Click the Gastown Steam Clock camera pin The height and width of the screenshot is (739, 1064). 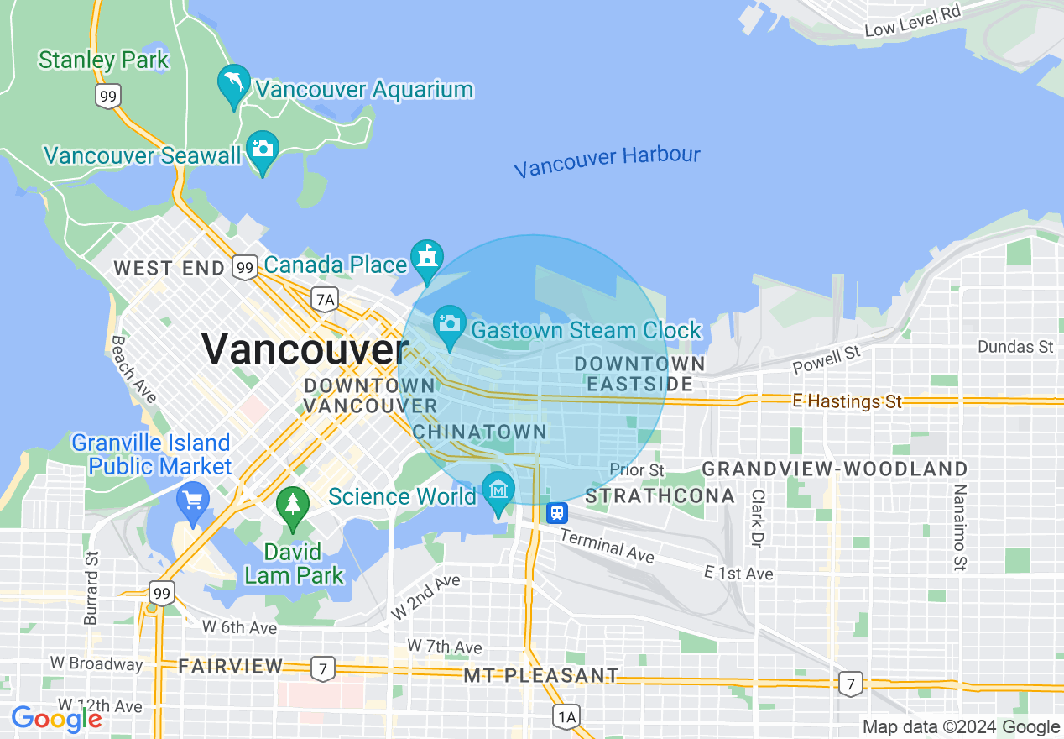point(450,324)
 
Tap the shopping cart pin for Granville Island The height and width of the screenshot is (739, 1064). point(193,502)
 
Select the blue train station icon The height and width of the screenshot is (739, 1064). point(557,512)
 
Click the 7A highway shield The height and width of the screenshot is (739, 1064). point(324,298)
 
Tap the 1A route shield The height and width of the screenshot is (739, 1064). point(567,715)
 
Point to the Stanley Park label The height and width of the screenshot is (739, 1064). point(104,60)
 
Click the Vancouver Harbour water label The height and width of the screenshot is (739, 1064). point(607,161)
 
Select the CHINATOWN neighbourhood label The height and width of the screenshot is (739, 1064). point(480,432)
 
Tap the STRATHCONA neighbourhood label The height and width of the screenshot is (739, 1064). point(660,496)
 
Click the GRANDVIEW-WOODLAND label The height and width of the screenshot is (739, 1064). point(835,469)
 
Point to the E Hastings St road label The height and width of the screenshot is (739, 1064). point(847,401)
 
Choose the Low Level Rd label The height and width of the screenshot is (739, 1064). point(912,20)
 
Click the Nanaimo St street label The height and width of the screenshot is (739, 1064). point(960,528)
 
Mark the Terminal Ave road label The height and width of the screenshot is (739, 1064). point(607,547)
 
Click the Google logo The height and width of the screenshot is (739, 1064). point(56,719)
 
